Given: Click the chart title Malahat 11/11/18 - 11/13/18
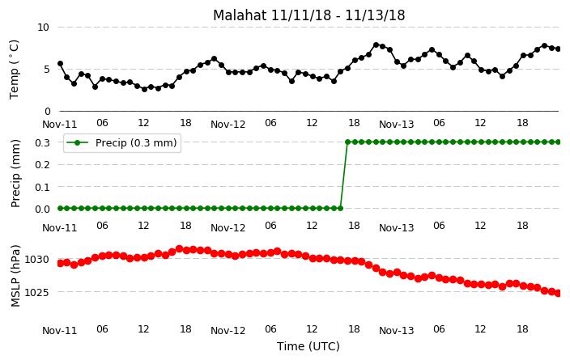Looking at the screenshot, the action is point(308,15).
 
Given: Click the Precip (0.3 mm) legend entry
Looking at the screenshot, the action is point(122,142).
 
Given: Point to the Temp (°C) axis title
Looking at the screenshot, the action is point(14,69).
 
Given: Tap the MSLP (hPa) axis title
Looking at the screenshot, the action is point(15,276).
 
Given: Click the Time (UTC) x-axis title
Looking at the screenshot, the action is point(308,346).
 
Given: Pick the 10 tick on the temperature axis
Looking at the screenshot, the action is point(43,28).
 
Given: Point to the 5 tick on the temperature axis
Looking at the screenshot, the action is point(46,69).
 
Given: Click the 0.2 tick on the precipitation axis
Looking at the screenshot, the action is point(42,164).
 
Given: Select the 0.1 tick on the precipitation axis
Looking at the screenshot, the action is point(42,187).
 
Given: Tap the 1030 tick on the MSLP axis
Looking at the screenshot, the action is point(36,260).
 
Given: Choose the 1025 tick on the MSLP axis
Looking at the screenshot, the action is point(36,292).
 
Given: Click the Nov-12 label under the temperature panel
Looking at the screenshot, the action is point(228,125).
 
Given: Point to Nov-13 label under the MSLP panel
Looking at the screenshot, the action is point(396,330).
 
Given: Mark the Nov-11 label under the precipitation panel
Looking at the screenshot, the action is point(60,228).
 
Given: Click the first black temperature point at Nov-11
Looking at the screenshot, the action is point(61,64).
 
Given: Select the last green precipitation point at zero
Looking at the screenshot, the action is point(340,208).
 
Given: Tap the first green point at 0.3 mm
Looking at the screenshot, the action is point(347,142).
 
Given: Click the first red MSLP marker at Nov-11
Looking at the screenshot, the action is point(61,263).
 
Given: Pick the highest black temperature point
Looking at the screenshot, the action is point(376,44).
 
